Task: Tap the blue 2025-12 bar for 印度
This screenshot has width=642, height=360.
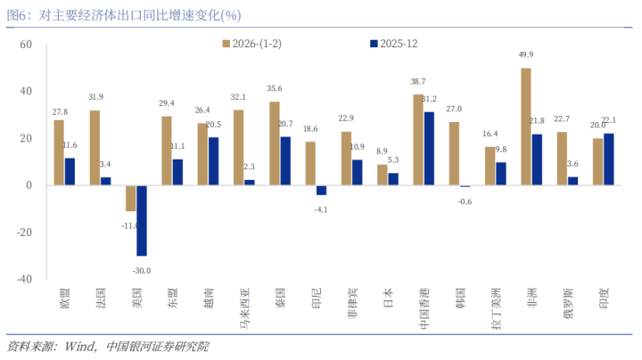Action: pyautogui.click(x=609, y=160)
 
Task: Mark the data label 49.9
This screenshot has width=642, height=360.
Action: pyautogui.click(x=526, y=55)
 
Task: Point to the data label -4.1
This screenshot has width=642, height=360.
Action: pyautogui.click(x=321, y=209)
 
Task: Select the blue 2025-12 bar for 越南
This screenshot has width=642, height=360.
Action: pyautogui.click(x=213, y=161)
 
